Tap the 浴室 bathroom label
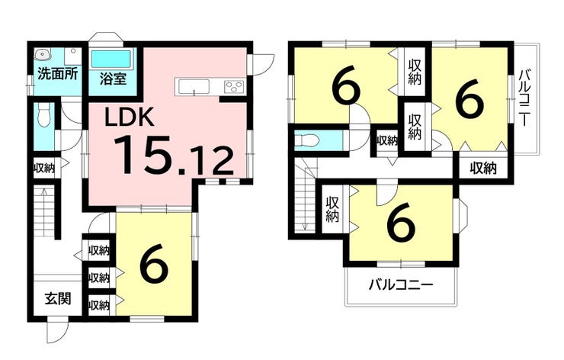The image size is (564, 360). (x=113, y=79)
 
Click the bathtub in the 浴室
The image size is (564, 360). (x=111, y=59)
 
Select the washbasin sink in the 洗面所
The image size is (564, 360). (x=43, y=55)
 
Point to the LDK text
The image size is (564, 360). (x=130, y=116)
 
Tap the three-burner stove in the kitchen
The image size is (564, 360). (x=234, y=87)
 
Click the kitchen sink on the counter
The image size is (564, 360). (x=194, y=87)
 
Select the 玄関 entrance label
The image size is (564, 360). (x=58, y=298)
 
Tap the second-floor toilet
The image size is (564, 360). (x=306, y=140)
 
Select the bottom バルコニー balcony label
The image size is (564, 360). (x=401, y=285)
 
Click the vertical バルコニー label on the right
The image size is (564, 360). (x=524, y=98)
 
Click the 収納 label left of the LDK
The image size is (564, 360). (x=44, y=168)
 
